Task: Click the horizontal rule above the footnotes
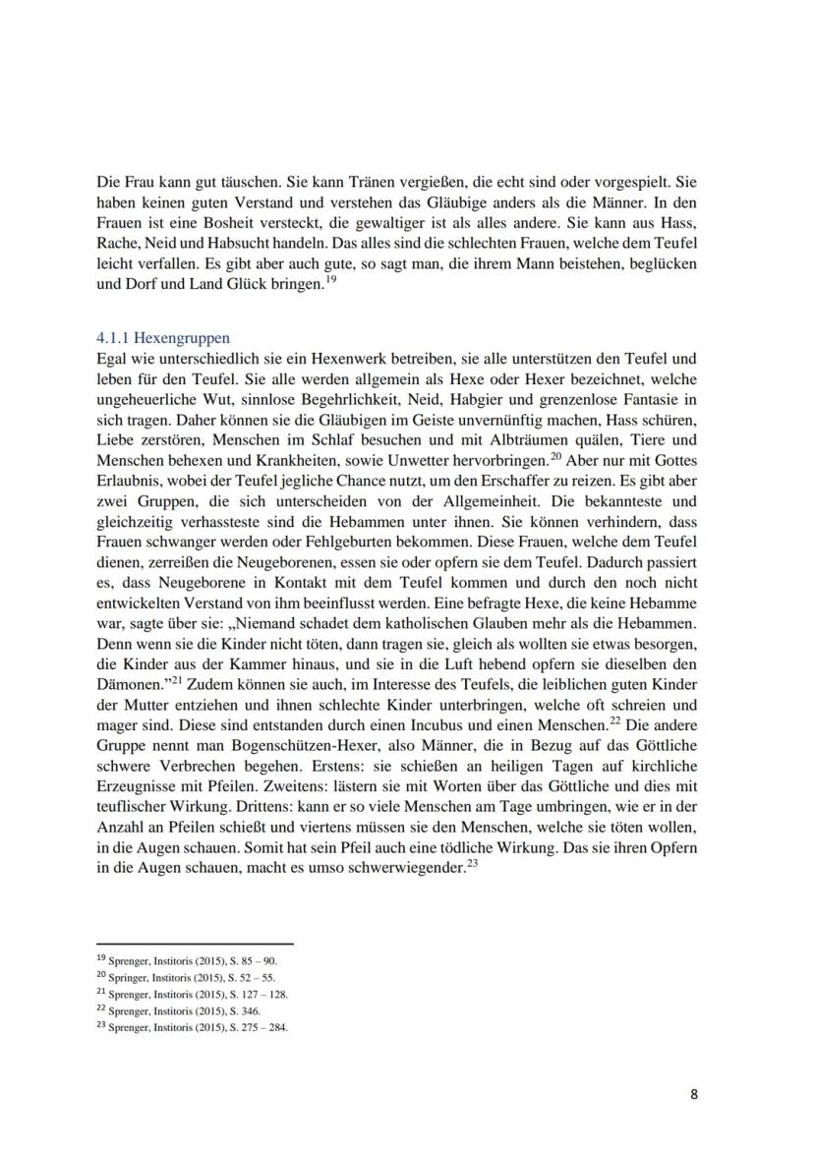pyautogui.click(x=196, y=944)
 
